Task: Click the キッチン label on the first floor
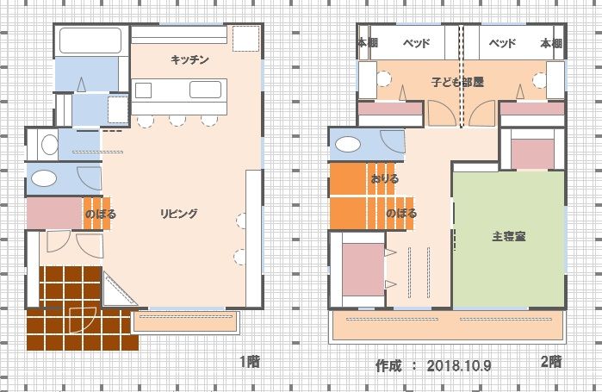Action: point(189,60)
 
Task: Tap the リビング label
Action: point(179,214)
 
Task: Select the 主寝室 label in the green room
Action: point(509,236)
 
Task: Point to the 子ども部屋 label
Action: point(457,82)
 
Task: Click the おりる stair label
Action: point(385,178)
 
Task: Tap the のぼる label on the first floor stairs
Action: point(101,214)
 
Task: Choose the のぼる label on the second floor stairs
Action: point(401,213)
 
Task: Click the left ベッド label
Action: point(417,43)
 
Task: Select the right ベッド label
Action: point(502,43)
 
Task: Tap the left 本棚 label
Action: point(368,42)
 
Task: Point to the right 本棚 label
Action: point(551,43)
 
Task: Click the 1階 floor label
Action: point(250,362)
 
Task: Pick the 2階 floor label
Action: point(551,361)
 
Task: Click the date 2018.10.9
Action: point(459,365)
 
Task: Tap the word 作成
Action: point(388,365)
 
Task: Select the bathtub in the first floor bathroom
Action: point(90,40)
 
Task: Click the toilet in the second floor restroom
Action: point(348,145)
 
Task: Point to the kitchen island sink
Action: point(205,90)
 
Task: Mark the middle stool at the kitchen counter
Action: point(177,121)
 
